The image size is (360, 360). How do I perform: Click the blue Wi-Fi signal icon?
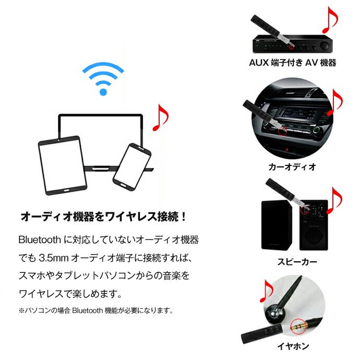tap(103, 79)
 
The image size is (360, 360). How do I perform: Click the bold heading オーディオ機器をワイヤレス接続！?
tap(103, 216)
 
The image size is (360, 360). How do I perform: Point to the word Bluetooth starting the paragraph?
tap(40, 241)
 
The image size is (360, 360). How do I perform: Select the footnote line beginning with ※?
tap(95, 310)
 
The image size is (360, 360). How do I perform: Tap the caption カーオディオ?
tap(292, 167)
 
